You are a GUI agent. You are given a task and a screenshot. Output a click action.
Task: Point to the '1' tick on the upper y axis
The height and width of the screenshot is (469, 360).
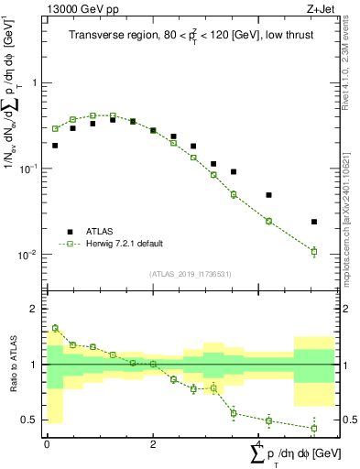pyautogui.click(x=34, y=83)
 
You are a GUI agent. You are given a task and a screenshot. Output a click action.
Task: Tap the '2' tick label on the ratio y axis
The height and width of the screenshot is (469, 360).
pyautogui.click(x=34, y=310)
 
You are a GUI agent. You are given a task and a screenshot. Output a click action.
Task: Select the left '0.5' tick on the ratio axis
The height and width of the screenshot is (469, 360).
pyautogui.click(x=28, y=420)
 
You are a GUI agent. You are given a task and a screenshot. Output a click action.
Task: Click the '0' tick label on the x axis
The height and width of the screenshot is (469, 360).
pyautogui.click(x=47, y=442)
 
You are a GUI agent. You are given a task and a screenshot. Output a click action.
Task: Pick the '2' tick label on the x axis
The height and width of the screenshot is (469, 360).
pyautogui.click(x=153, y=442)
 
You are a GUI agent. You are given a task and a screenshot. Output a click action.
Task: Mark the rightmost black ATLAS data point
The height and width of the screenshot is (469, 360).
pyautogui.click(x=314, y=222)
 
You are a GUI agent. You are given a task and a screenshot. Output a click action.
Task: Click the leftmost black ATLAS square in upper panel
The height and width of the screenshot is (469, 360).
pyautogui.click(x=55, y=145)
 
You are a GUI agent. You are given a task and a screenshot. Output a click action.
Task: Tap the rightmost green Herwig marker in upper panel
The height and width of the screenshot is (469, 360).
pyautogui.click(x=314, y=251)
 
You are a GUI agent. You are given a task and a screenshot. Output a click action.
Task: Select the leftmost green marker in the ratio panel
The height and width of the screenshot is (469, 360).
pyautogui.click(x=55, y=328)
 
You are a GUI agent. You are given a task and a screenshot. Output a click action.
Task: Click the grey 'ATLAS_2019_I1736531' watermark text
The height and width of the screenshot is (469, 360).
pyautogui.click(x=190, y=274)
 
